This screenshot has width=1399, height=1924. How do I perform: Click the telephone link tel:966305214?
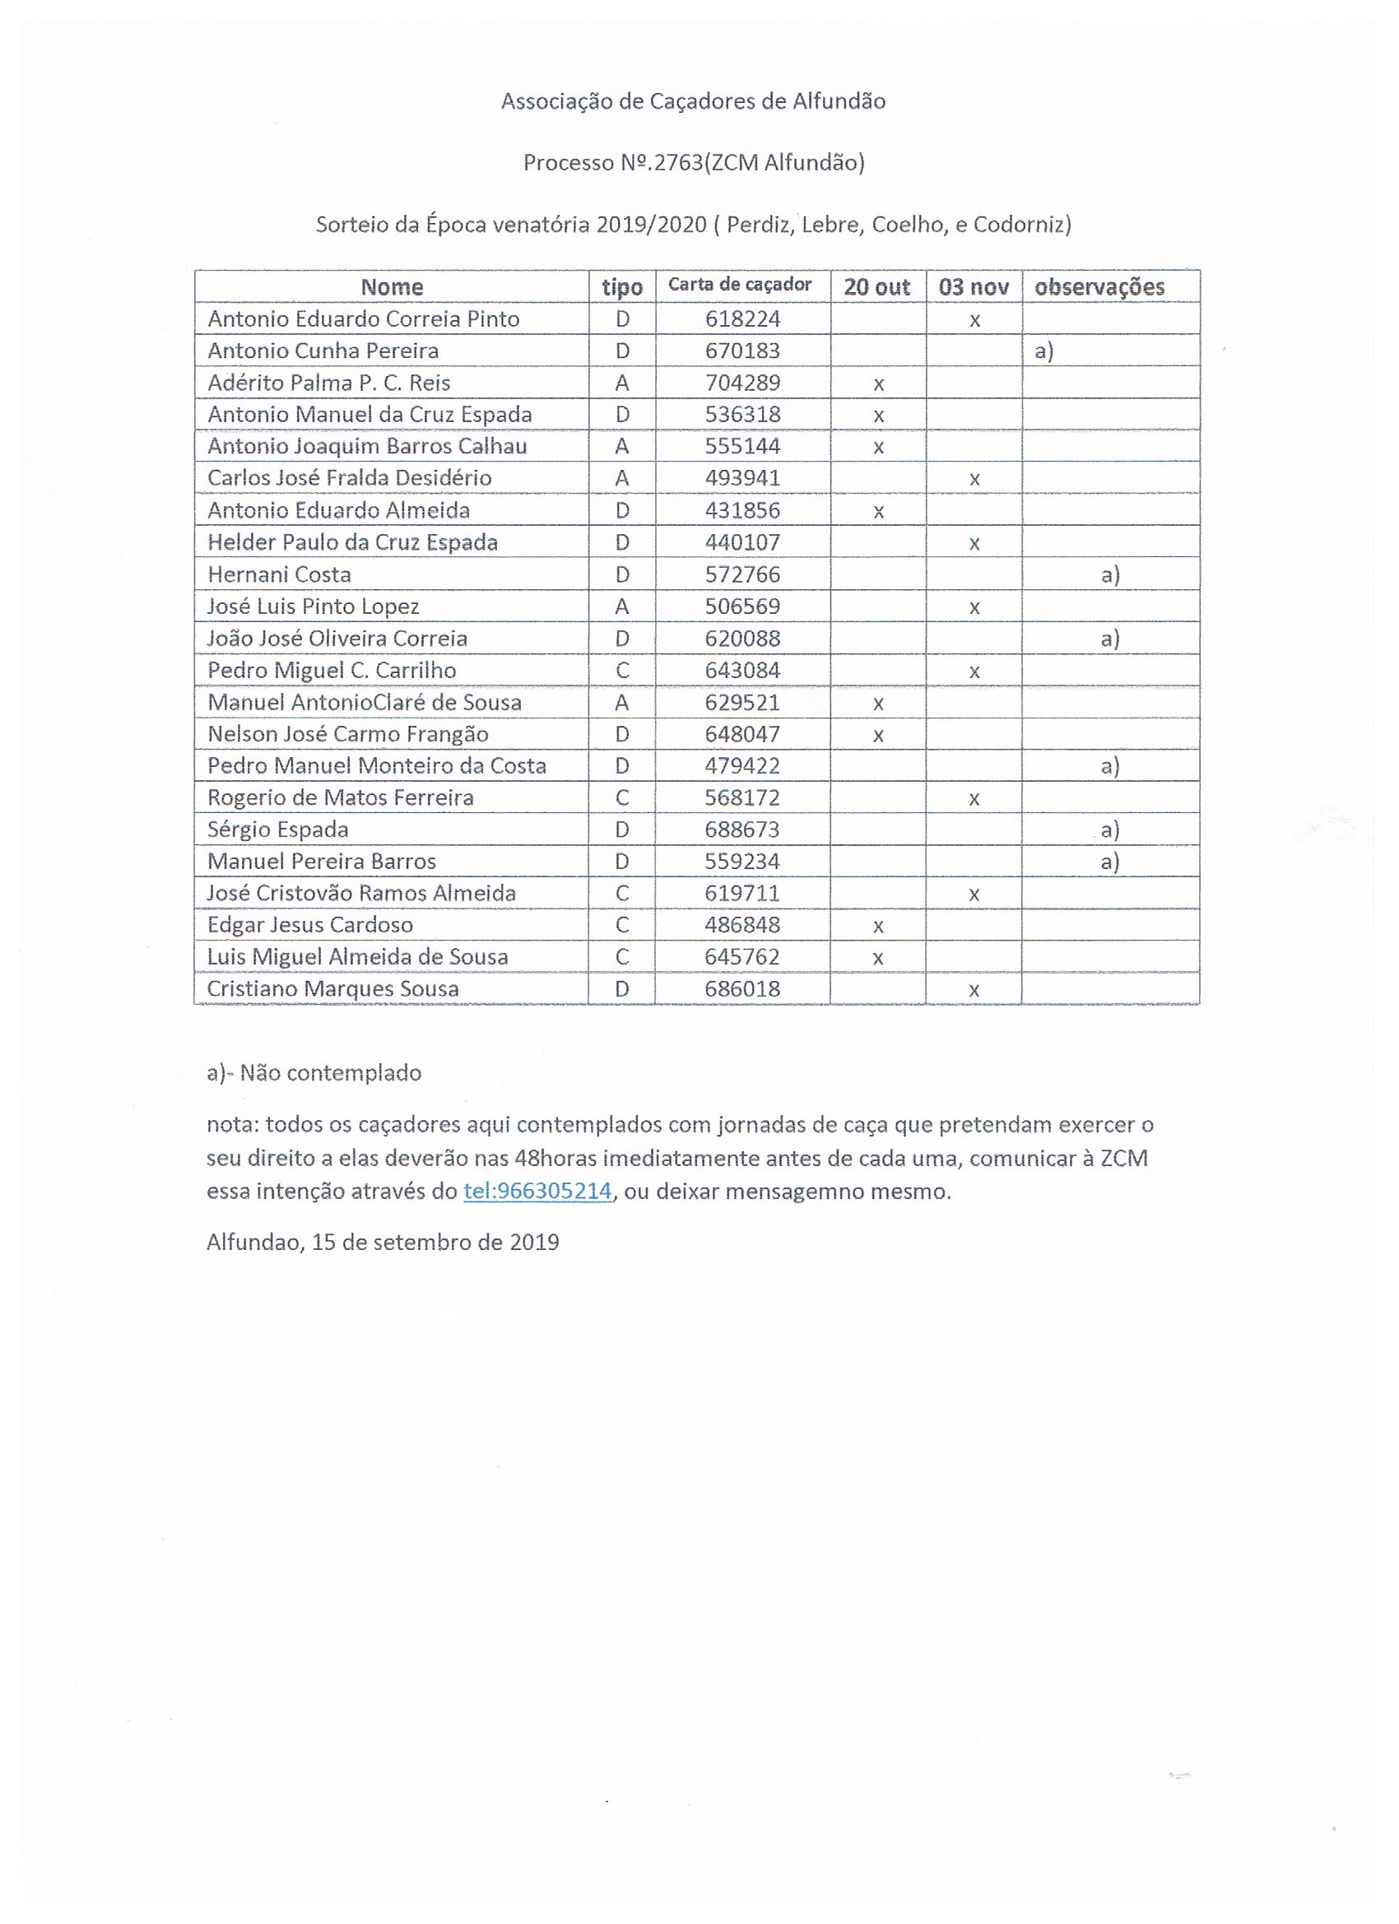[537, 1191]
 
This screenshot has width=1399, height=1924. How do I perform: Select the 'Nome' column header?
[391, 286]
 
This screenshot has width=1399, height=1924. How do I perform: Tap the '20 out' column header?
[876, 286]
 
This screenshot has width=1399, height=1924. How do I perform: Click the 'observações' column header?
[1099, 286]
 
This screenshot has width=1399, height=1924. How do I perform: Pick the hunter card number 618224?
[742, 319]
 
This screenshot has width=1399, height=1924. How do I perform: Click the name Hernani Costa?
[279, 574]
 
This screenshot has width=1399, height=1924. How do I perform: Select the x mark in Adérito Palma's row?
[878, 384]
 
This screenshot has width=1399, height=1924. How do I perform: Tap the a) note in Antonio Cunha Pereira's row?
[1043, 351]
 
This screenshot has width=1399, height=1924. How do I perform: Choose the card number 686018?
[742, 988]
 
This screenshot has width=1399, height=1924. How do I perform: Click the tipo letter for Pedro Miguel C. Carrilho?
[622, 670]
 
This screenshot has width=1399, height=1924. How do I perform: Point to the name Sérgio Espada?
[277, 829]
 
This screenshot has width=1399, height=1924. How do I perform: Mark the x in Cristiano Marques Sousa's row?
[974, 990]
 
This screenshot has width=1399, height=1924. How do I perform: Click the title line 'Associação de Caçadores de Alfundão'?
[693, 102]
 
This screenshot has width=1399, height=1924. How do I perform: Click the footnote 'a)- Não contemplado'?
[314, 1073]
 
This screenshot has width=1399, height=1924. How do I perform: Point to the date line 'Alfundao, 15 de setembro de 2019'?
[383, 1243]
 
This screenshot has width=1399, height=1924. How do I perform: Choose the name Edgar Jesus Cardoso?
[309, 925]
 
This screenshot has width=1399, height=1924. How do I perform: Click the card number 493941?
[742, 478]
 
